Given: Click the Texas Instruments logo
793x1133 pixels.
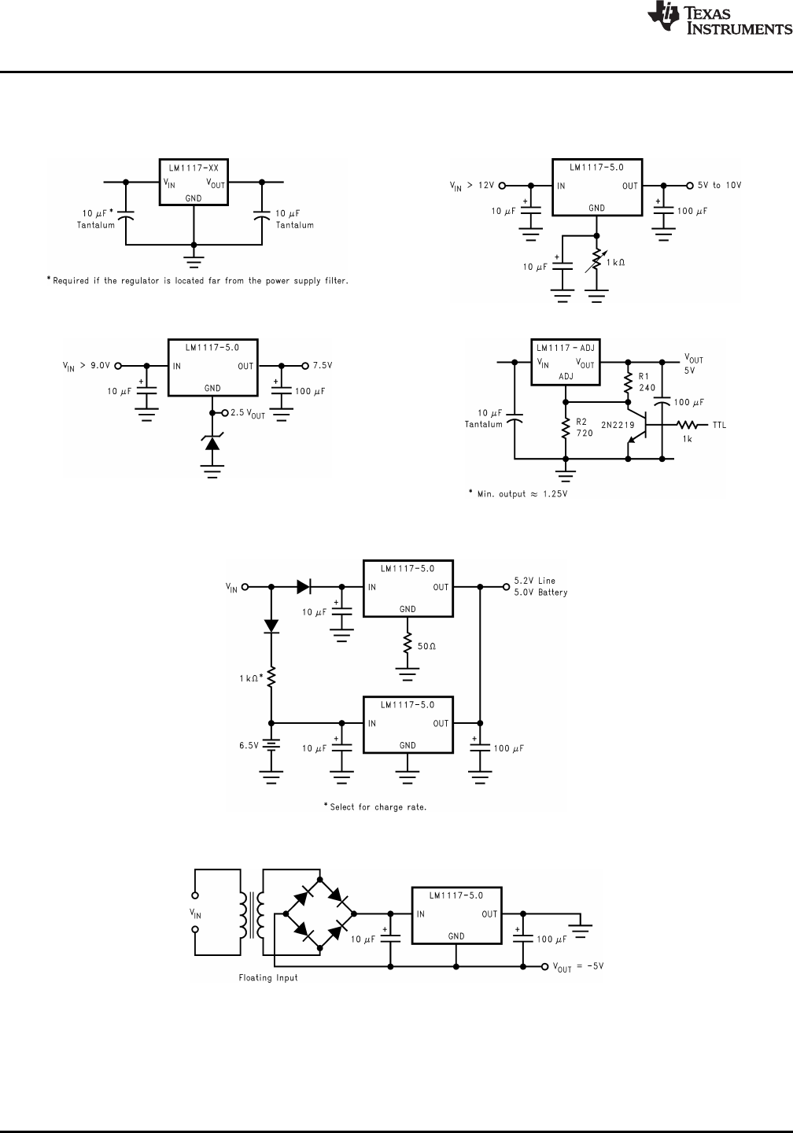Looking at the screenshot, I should pyautogui.click(x=717, y=20).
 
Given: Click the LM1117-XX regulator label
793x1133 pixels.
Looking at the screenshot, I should pyautogui.click(x=194, y=168).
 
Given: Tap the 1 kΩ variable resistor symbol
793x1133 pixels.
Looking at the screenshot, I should pyautogui.click(x=596, y=262).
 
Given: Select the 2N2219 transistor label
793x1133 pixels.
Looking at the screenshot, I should pyautogui.click(x=618, y=424).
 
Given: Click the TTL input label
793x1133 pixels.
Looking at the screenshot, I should pyautogui.click(x=719, y=426).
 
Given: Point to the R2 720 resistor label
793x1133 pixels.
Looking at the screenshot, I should pyautogui.click(x=585, y=426).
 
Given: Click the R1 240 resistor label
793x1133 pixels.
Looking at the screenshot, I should pyautogui.click(x=647, y=382).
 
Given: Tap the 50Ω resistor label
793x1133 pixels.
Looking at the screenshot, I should pyautogui.click(x=426, y=646).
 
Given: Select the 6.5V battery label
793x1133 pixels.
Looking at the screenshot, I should pyautogui.click(x=249, y=745).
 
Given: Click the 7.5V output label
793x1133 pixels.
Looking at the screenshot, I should pyautogui.click(x=323, y=366).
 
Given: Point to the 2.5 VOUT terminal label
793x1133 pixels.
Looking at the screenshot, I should pyautogui.click(x=248, y=414).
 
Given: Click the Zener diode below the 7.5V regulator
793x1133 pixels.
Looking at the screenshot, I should pyautogui.click(x=212, y=443).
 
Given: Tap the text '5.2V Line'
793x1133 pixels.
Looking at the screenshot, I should pyautogui.click(x=534, y=581).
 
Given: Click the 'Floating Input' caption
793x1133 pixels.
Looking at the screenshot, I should pyautogui.click(x=267, y=978).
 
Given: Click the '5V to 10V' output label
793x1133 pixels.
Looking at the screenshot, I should pyautogui.click(x=719, y=186).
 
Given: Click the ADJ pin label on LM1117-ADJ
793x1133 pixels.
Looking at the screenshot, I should pyautogui.click(x=566, y=376).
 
